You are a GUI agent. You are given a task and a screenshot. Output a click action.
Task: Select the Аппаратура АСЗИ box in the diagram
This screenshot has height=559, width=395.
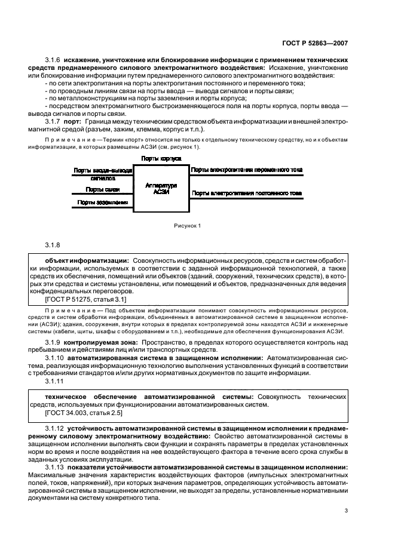pos(161,189)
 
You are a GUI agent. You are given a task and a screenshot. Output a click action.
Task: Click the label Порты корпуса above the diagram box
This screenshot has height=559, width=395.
pos(161,158)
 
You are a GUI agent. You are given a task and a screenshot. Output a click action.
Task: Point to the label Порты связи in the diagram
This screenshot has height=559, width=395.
pos(102,189)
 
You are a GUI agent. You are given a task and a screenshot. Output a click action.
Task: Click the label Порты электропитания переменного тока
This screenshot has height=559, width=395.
pos(246,170)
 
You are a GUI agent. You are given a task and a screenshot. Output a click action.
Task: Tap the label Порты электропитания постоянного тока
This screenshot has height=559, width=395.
pos(246,193)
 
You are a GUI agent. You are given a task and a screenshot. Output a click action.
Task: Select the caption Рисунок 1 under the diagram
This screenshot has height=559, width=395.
pos(188,225)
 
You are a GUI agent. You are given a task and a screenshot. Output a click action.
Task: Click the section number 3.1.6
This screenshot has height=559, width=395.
pos(55,62)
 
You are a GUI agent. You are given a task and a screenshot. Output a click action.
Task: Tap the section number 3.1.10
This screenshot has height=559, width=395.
pos(56,357)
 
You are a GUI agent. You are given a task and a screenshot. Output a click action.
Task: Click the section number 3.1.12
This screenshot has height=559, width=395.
pos(56,428)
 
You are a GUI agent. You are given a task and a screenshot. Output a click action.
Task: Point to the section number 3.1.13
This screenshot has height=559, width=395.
pos(56,467)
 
